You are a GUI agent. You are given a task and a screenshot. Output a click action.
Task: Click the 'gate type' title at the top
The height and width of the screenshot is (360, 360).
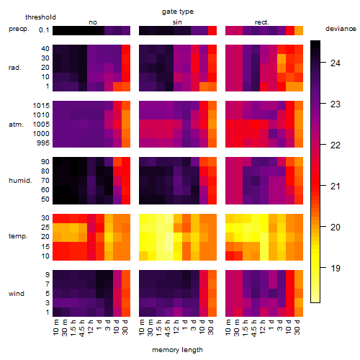(x=178, y=12)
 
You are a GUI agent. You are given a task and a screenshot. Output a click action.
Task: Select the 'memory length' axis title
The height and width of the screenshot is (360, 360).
(x=177, y=350)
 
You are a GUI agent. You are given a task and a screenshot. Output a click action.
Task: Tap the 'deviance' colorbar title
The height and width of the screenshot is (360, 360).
(x=341, y=29)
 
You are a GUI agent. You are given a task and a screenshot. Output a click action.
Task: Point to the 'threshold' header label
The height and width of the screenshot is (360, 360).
(x=40, y=17)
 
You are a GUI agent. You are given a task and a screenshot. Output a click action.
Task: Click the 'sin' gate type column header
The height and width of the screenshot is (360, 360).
(x=177, y=22)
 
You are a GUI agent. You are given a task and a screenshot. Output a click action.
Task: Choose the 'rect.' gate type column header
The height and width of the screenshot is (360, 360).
(x=262, y=22)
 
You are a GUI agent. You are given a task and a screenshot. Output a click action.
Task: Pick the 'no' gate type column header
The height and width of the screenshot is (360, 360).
(x=93, y=22)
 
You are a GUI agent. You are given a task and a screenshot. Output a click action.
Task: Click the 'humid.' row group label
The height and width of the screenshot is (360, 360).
(x=20, y=181)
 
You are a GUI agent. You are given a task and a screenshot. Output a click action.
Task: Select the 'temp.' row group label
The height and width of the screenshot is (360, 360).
(x=18, y=236)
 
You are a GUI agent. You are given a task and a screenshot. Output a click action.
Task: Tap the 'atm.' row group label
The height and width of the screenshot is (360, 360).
(x=16, y=125)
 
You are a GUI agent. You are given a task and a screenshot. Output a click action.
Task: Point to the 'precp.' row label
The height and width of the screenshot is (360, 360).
(x=19, y=29)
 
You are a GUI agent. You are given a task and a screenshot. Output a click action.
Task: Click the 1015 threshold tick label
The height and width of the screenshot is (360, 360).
(x=41, y=106)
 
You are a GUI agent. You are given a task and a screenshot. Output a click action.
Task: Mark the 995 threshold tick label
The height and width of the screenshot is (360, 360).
(x=43, y=143)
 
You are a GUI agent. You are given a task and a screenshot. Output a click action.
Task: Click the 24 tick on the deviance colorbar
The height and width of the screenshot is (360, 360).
(x=336, y=63)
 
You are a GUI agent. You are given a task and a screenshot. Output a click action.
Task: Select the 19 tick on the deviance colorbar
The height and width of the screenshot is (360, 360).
(x=336, y=268)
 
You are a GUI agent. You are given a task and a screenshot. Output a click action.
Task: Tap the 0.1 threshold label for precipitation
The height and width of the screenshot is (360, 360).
(x=44, y=30)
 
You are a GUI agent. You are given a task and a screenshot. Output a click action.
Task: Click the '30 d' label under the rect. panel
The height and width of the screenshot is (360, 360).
(x=297, y=327)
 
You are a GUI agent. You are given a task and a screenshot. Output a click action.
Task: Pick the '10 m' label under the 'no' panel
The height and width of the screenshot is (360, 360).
(x=56, y=327)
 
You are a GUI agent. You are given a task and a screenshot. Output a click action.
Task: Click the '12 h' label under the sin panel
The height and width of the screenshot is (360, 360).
(x=176, y=327)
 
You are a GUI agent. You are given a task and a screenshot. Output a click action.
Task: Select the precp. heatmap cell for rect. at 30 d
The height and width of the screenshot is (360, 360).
(x=299, y=30)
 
